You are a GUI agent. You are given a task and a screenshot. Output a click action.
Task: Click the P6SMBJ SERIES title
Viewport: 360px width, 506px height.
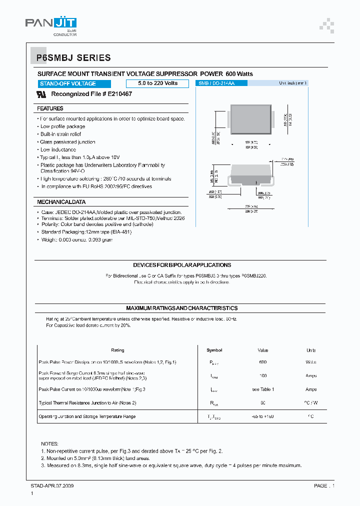click(x=73, y=58)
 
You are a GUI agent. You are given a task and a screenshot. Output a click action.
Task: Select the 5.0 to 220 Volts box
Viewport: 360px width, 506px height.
click(x=157, y=83)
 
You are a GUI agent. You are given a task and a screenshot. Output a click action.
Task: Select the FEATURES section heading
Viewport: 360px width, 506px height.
click(x=50, y=108)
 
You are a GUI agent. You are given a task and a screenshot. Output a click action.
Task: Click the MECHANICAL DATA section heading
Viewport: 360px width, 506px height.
click(x=61, y=202)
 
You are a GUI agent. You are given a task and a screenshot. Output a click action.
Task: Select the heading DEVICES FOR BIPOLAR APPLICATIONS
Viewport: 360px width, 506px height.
click(x=182, y=265)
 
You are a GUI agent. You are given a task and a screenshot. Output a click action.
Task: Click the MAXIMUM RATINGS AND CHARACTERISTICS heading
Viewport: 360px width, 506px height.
click(x=182, y=308)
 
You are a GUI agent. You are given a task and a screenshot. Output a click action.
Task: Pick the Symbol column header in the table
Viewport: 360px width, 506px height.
click(x=214, y=350)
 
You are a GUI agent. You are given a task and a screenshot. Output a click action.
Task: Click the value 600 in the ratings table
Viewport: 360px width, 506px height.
click(x=263, y=362)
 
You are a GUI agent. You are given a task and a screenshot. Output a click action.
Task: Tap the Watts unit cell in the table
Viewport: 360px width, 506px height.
click(x=311, y=362)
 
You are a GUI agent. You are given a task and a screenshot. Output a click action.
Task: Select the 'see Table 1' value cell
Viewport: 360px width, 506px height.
click(x=263, y=389)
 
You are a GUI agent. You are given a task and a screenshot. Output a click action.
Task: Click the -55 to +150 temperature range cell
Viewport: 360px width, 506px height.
click(x=263, y=416)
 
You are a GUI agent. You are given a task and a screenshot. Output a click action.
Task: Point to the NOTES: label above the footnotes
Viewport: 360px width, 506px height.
click(x=49, y=443)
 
